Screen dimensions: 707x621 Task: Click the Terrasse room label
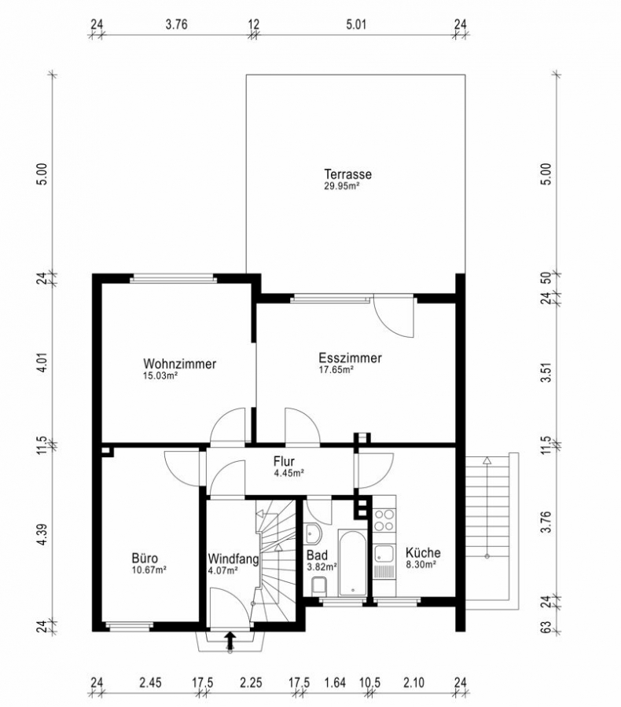point(347,174)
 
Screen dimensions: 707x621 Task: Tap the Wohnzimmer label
point(179,364)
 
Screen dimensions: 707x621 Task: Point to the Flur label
point(284,461)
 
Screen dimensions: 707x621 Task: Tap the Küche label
point(423,552)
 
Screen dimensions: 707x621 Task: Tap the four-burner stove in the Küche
point(384,519)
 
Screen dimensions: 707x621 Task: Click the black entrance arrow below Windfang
point(230,641)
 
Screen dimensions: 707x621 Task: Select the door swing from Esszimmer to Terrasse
point(392,318)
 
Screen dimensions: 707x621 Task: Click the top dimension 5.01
point(356,24)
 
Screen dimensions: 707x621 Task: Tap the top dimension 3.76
point(176,24)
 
